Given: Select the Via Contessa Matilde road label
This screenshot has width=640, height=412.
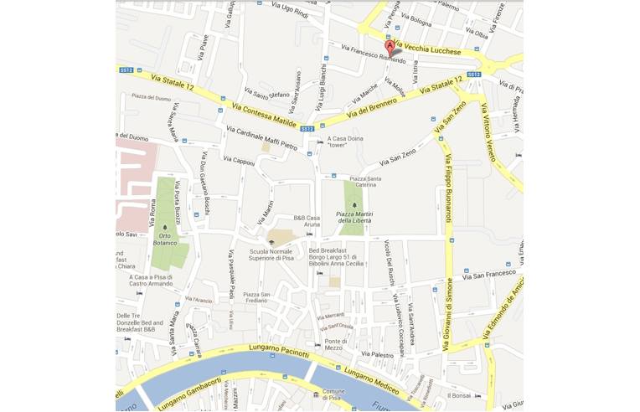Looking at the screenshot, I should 264,116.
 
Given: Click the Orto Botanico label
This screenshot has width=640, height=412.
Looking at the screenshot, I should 165,239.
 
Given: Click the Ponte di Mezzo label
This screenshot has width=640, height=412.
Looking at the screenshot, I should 336,345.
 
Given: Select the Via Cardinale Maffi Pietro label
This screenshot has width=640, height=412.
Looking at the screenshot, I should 261,139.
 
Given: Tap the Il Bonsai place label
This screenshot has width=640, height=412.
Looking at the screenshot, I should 460,395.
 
